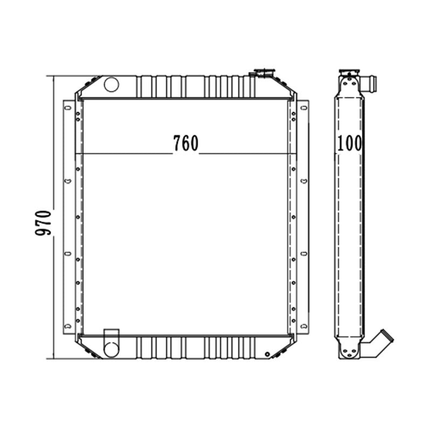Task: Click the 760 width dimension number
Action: tap(186, 143)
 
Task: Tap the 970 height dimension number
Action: tap(43, 221)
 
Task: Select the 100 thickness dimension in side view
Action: tap(350, 143)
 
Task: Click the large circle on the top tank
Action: tap(111, 84)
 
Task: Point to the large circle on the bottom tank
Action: tap(111, 349)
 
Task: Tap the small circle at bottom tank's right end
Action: tap(267, 354)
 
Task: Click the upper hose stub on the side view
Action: tap(371, 84)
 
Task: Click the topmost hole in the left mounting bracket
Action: tap(68, 108)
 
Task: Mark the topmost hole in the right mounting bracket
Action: tap(304, 108)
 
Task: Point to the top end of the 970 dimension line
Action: tap(54, 76)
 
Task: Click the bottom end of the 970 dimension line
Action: tap(54, 358)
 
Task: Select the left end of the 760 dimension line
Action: tap(75, 154)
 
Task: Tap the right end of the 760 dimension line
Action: tap(296, 154)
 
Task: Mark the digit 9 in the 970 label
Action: tap(43, 232)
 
